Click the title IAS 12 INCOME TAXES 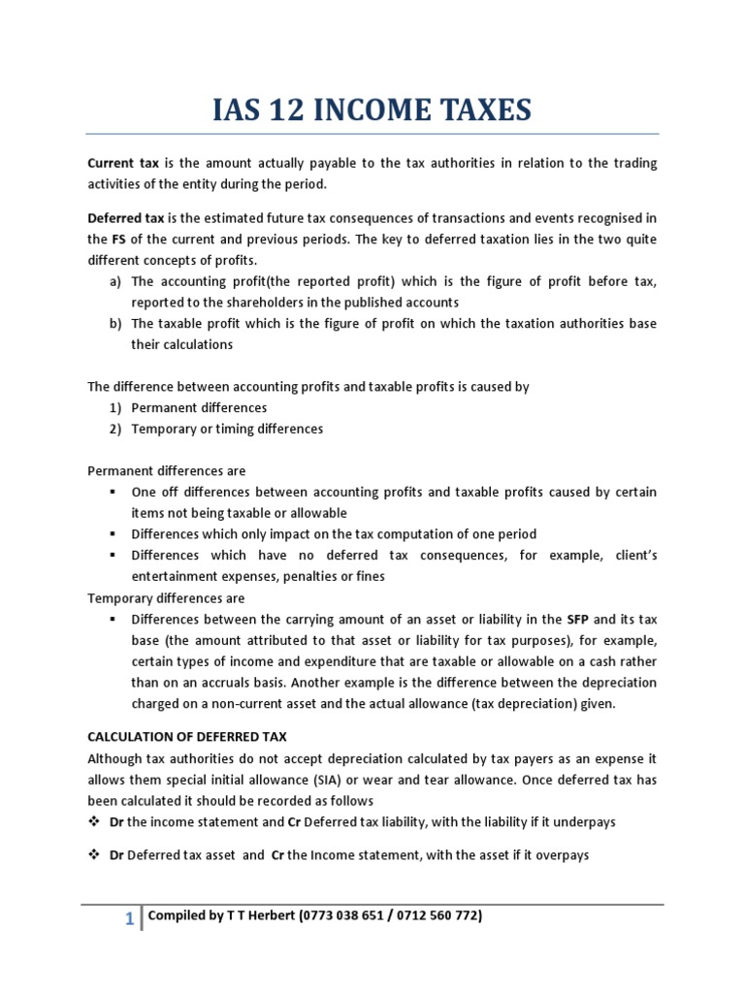pyautogui.click(x=372, y=110)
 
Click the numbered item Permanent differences pyautogui.click(x=199, y=407)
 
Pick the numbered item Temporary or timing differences pyautogui.click(x=227, y=429)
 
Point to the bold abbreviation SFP pyautogui.click(x=577, y=619)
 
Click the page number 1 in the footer pyautogui.click(x=129, y=920)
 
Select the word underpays pyautogui.click(x=585, y=822)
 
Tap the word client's pyautogui.click(x=631, y=556)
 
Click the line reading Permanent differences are pyautogui.click(x=167, y=471)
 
